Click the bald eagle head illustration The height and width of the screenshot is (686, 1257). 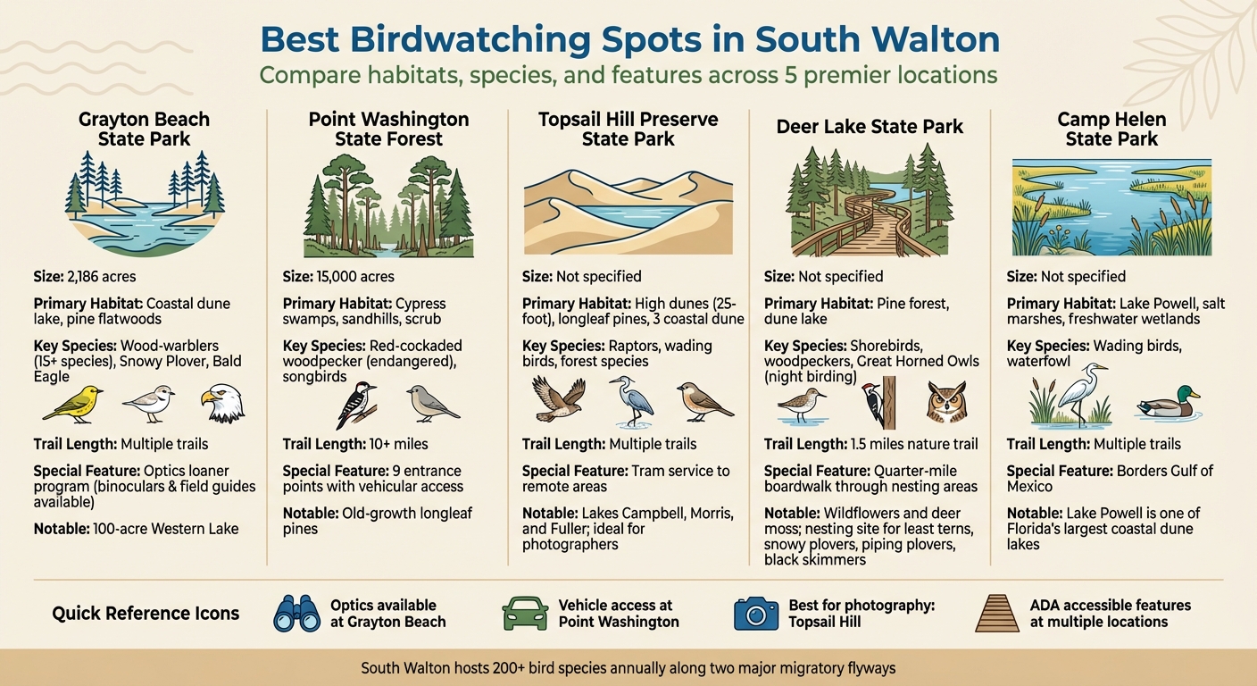pos(221,404)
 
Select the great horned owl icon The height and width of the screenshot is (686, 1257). pos(946,403)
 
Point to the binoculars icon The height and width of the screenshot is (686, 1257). pos(295,613)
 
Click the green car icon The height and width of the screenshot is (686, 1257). pos(525,613)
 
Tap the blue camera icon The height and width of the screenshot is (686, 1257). pos(755,613)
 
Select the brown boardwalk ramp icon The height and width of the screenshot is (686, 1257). pos(996,613)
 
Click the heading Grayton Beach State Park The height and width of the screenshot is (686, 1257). pos(144,129)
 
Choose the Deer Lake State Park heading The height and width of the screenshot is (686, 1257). pos(870,127)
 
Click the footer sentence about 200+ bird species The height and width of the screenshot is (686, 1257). pos(628,667)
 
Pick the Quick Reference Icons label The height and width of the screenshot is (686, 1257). pos(146,614)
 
